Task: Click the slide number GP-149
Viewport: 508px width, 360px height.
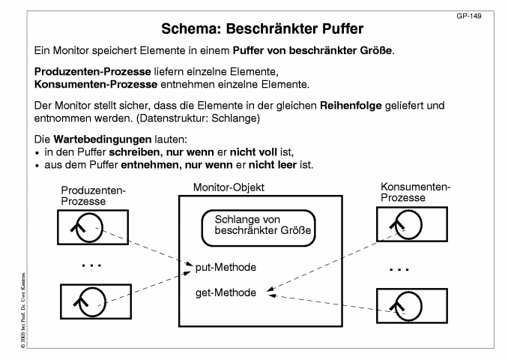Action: coord(469,16)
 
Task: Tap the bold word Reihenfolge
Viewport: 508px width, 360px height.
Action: coord(351,106)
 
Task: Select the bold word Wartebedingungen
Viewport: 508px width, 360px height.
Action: coord(103,139)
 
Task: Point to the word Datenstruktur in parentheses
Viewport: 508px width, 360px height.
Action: coord(173,118)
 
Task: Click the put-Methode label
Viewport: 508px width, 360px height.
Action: coord(226,267)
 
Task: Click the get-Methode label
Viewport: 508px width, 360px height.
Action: coord(226,292)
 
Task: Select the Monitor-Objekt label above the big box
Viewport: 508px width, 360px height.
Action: coord(229,187)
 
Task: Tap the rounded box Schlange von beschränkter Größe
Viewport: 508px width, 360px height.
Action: coord(258,228)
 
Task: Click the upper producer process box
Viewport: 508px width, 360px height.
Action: coord(93,227)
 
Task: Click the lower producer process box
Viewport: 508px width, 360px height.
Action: coord(96,301)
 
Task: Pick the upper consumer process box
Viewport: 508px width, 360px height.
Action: coord(412,224)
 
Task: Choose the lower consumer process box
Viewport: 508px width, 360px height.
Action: coord(412,306)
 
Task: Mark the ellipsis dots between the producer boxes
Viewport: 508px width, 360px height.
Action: coord(91,265)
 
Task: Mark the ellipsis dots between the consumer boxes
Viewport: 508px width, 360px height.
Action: coord(399,269)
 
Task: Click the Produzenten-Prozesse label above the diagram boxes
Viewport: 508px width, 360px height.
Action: coord(93,196)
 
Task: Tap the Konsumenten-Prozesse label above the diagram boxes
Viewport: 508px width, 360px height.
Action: coord(416,192)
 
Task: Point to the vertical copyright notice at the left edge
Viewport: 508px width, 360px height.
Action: coord(23,310)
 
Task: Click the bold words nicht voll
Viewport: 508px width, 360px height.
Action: coord(253,152)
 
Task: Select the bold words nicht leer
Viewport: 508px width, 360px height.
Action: coord(273,165)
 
